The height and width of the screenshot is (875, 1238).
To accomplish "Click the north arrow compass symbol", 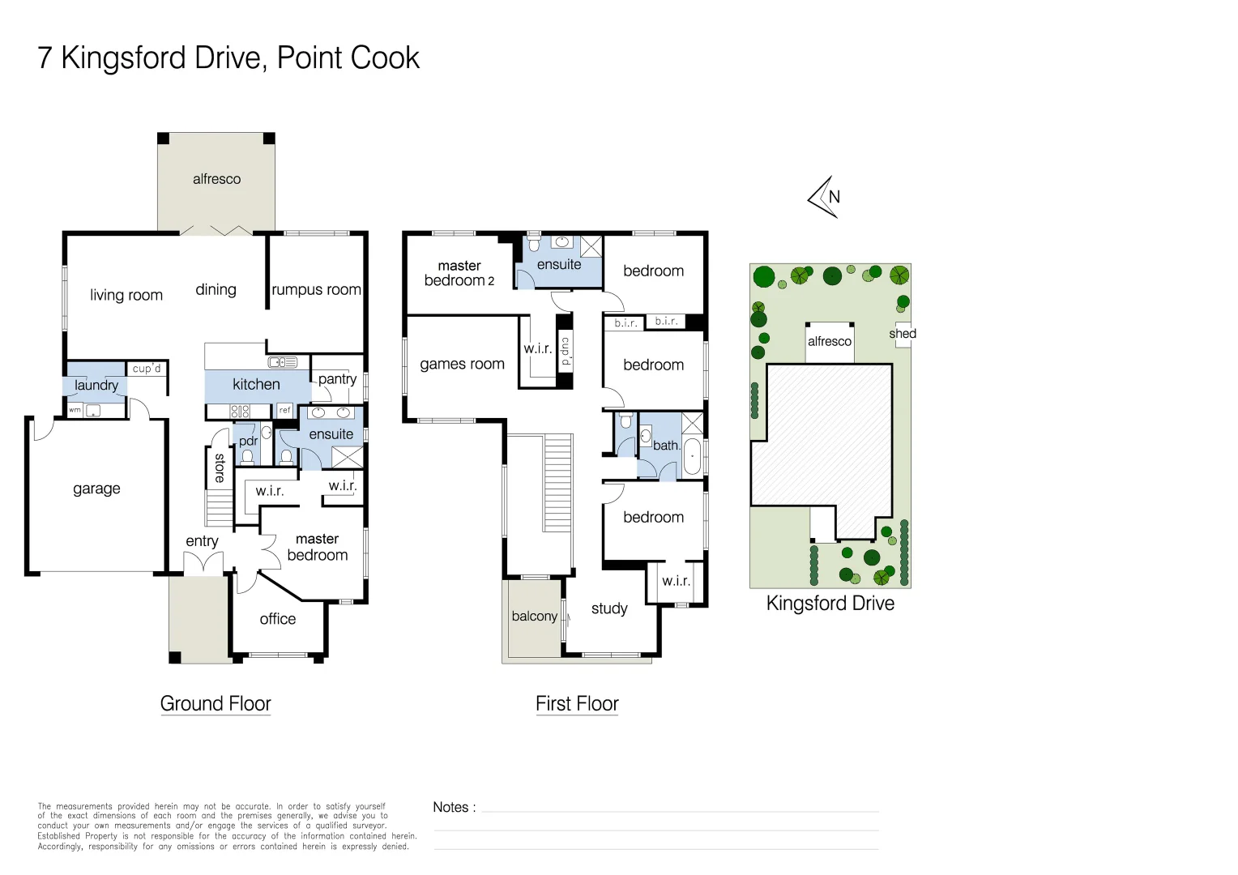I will pyautogui.click(x=824, y=197).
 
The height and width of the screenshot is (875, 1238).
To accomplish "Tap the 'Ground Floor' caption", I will pyautogui.click(x=216, y=703).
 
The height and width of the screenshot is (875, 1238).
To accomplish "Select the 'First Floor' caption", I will pyautogui.click(x=577, y=703).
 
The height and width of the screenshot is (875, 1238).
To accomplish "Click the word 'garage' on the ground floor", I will pyautogui.click(x=96, y=489).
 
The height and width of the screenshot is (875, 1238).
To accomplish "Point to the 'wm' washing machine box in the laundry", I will pyautogui.click(x=75, y=410).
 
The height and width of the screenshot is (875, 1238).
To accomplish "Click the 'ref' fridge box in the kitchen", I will pyautogui.click(x=284, y=411).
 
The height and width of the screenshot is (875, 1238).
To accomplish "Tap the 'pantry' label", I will pyautogui.click(x=337, y=378).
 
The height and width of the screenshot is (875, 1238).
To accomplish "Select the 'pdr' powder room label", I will pyautogui.click(x=248, y=441).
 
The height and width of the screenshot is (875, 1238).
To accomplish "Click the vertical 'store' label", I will pyautogui.click(x=220, y=467).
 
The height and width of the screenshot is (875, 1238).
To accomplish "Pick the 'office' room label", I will pyautogui.click(x=278, y=619).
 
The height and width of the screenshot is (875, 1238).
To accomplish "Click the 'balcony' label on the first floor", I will pyautogui.click(x=535, y=617).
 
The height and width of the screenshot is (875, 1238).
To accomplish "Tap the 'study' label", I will pyautogui.click(x=609, y=608).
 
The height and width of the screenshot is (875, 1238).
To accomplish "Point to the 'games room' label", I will pyautogui.click(x=462, y=365).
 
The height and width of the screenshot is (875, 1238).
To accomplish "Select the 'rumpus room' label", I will pyautogui.click(x=316, y=289).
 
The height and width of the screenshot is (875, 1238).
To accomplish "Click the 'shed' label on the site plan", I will pyautogui.click(x=903, y=334).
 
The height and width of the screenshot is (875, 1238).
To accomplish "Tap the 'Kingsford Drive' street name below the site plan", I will pyautogui.click(x=830, y=604).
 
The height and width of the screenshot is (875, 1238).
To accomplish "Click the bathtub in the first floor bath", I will pyautogui.click(x=692, y=456).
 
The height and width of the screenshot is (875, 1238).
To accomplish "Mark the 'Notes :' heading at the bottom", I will pyautogui.click(x=455, y=807).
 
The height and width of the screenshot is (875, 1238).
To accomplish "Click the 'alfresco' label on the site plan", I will pyautogui.click(x=830, y=342).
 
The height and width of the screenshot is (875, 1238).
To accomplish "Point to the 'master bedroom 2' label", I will pyautogui.click(x=459, y=273).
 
